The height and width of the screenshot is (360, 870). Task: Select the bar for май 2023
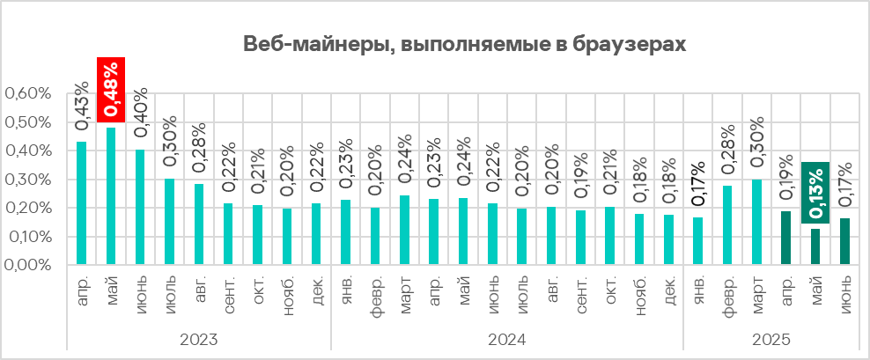111,195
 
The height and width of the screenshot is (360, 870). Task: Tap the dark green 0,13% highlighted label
816,192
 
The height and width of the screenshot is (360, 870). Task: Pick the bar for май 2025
816,246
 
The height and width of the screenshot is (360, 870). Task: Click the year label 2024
507,340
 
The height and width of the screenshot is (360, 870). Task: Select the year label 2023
199,340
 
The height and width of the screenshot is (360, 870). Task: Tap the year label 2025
771,340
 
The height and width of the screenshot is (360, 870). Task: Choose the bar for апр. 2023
82,202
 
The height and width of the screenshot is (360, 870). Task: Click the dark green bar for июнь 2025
845,241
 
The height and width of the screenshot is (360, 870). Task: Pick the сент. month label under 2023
229,291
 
